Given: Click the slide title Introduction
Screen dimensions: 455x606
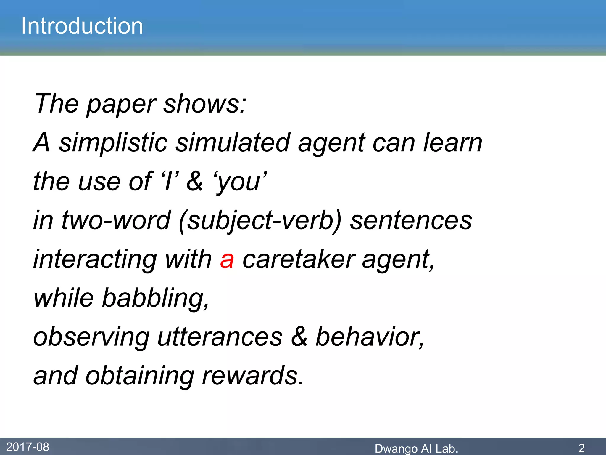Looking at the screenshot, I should click(x=82, y=26).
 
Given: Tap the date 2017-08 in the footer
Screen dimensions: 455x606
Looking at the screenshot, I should click(x=28, y=447).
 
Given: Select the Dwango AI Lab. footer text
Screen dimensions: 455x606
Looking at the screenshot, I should click(x=416, y=448).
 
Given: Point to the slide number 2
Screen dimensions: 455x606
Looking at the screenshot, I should click(x=581, y=448).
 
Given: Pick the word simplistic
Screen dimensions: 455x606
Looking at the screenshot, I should click(x=113, y=143).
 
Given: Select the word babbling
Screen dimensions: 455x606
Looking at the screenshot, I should click(x=155, y=298).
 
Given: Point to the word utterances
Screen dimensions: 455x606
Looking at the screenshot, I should click(x=220, y=337).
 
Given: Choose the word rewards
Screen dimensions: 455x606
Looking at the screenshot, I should click(x=252, y=376).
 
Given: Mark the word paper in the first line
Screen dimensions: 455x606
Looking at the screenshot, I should click(x=121, y=104).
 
